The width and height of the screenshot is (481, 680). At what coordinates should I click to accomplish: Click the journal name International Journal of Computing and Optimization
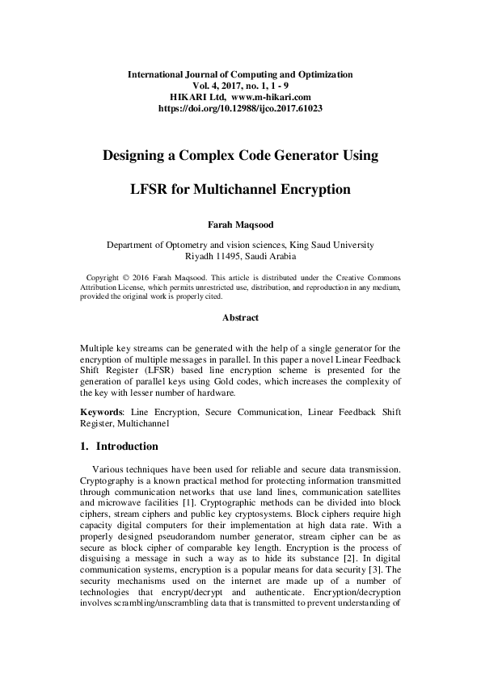(240, 74)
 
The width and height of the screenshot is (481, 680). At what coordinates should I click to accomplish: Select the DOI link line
(240, 107)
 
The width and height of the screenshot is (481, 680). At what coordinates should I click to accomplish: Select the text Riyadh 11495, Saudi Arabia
(240, 256)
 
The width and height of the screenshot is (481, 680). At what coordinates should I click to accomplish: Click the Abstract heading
(240, 317)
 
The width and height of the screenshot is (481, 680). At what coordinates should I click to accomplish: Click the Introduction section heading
(127, 446)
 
